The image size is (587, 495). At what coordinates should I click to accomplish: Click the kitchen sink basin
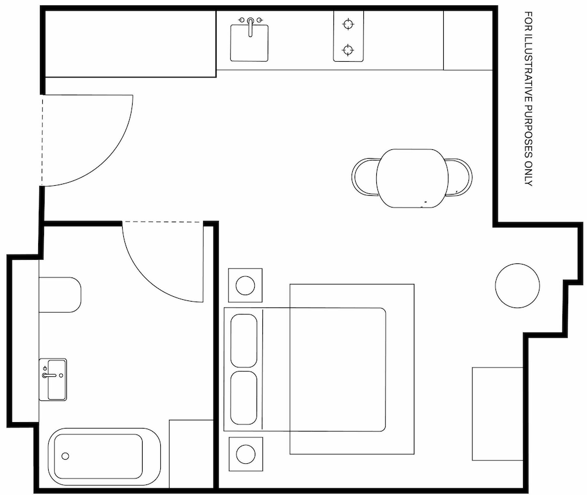(x=249, y=43)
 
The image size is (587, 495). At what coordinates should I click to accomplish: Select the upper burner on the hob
(x=349, y=24)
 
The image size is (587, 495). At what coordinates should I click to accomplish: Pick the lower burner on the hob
(x=348, y=49)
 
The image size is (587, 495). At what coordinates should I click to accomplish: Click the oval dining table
(x=412, y=178)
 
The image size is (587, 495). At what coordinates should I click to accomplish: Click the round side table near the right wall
(x=517, y=286)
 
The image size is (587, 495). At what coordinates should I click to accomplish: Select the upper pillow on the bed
(x=244, y=341)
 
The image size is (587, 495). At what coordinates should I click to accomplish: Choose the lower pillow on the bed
(x=244, y=398)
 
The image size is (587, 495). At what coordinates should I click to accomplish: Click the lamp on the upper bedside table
(x=245, y=285)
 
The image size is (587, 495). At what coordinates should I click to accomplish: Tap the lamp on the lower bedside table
(x=246, y=454)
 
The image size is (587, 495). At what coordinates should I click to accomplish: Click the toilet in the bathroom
(x=60, y=295)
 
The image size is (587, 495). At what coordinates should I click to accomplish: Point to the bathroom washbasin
(x=53, y=380)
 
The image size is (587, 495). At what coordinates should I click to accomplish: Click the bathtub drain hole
(x=65, y=456)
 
